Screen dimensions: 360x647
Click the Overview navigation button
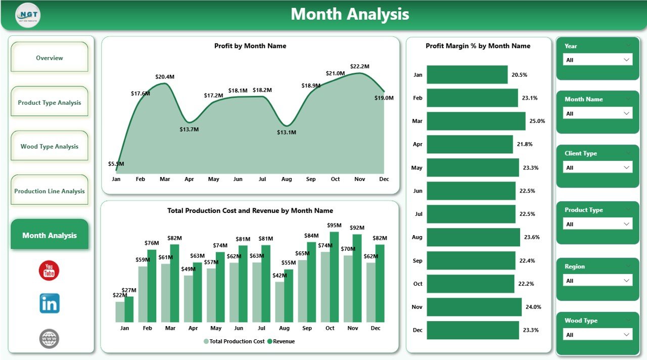(50, 58)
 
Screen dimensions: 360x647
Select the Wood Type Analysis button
(50, 147)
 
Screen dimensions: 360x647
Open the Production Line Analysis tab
(50, 191)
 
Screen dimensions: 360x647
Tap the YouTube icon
(49, 271)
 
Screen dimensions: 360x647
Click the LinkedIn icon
(50, 303)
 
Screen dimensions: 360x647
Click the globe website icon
(49, 338)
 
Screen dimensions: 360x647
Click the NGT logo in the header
(28, 15)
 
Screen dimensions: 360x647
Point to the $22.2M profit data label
(359, 66)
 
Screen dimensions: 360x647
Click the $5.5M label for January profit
(116, 164)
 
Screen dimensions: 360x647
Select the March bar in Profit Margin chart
(476, 121)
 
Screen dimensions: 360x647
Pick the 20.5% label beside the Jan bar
(519, 75)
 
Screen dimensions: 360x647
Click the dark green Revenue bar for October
(334, 277)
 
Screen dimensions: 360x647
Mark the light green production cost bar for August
(280, 302)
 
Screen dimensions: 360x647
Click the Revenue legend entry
(281, 341)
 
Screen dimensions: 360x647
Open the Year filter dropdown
(597, 60)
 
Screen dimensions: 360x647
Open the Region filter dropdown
(597, 281)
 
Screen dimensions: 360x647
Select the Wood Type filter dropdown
(597, 335)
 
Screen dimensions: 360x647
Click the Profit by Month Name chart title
(250, 46)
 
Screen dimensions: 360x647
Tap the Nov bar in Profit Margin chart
(474, 307)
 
